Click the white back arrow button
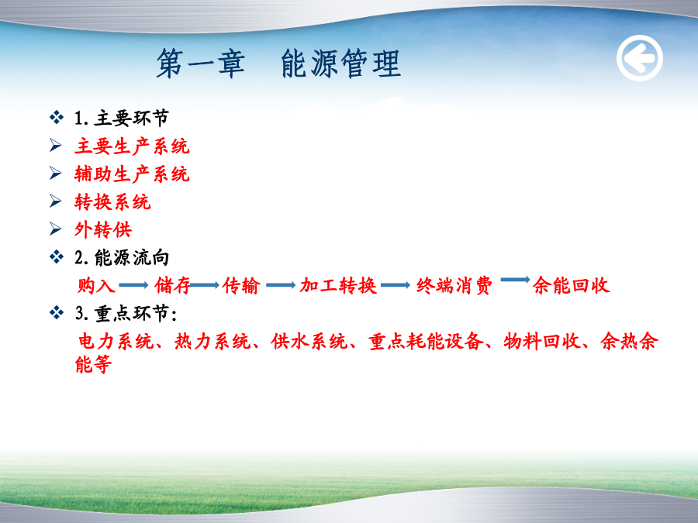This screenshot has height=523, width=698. (x=640, y=58)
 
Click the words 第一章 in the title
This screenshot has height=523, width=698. (x=201, y=64)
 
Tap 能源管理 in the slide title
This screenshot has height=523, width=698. (x=341, y=64)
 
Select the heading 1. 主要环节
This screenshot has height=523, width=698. (x=122, y=119)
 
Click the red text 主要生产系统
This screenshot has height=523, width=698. (x=132, y=146)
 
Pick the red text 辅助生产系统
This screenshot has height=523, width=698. (x=132, y=174)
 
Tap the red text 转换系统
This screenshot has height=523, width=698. (x=112, y=202)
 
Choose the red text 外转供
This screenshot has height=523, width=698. (x=103, y=230)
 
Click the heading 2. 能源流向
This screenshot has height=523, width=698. (x=122, y=258)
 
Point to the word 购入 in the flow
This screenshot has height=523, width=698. (x=96, y=285)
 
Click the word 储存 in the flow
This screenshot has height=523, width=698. (x=172, y=285)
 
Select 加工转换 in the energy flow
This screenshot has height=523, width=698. (x=338, y=285)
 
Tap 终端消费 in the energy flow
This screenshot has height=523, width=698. (x=454, y=285)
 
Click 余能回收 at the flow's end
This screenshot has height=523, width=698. (x=571, y=285)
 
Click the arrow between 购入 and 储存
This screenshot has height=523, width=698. (x=133, y=285)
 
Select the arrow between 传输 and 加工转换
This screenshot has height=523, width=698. (x=281, y=285)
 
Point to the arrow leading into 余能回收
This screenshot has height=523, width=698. (x=515, y=280)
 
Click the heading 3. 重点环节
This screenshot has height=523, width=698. (x=126, y=314)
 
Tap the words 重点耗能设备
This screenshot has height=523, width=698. (x=426, y=342)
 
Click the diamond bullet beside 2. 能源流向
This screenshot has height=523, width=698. (x=57, y=257)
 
